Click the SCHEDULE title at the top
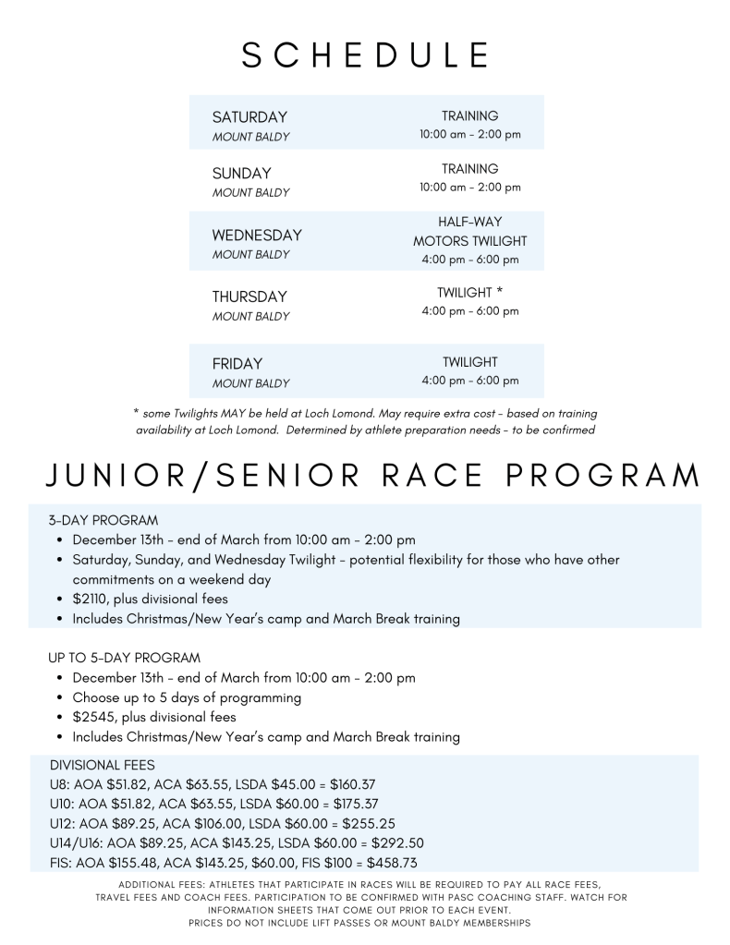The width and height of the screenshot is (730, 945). [x=365, y=55]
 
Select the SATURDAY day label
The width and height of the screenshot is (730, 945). [x=249, y=117]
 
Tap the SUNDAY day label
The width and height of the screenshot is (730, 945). [x=242, y=174]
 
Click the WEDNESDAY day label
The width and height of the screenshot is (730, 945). [x=257, y=236]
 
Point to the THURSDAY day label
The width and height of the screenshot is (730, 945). [x=249, y=297]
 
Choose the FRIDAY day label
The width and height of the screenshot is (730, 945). [x=237, y=364]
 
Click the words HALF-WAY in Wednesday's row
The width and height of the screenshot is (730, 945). [x=469, y=223]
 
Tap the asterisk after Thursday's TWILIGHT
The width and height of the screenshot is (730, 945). [x=499, y=293]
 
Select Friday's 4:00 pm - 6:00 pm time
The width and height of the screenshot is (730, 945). [x=469, y=381]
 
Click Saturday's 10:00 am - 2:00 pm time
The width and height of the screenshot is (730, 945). [x=469, y=135]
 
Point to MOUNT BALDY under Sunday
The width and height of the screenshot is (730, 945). [x=250, y=193]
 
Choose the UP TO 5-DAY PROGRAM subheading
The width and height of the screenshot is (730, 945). [x=125, y=658]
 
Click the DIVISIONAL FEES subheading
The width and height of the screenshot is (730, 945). [x=103, y=766]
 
